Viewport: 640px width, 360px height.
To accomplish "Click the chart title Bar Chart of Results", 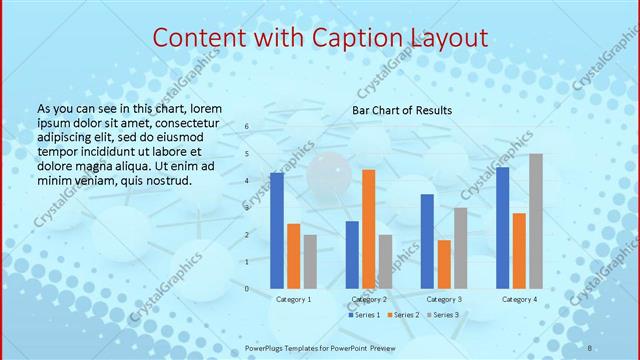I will click(x=401, y=110).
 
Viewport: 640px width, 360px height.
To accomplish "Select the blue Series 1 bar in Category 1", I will click(x=277, y=230).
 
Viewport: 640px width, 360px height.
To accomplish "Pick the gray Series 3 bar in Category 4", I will click(x=536, y=221).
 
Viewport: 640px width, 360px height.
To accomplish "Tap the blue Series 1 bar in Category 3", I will click(x=427, y=241).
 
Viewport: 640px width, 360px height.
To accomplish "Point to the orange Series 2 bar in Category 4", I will click(x=519, y=250).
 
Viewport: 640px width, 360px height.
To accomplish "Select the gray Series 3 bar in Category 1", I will click(x=310, y=261).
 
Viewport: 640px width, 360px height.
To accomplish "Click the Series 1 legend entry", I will click(x=364, y=315).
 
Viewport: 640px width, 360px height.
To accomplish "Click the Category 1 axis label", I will click(x=293, y=299).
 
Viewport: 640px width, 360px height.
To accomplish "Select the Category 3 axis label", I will click(x=444, y=299).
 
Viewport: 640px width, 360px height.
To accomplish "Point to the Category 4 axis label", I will click(x=519, y=299).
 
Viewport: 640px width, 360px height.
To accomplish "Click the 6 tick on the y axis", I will click(x=248, y=127).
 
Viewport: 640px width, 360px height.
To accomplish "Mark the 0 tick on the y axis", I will click(x=248, y=288).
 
